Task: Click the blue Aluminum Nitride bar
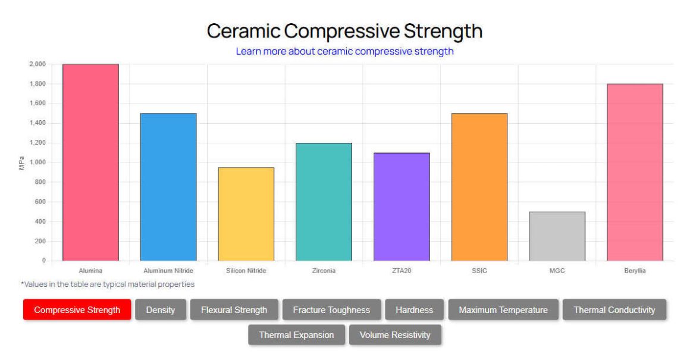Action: (168, 187)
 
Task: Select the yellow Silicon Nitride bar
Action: (246, 214)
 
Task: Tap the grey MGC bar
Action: (557, 236)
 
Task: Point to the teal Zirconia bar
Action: (324, 202)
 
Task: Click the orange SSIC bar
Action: (479, 187)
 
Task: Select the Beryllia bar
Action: (635, 172)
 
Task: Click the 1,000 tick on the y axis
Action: (36, 162)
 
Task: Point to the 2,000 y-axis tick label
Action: (36, 64)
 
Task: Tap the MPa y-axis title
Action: (22, 163)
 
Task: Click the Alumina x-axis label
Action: (90, 271)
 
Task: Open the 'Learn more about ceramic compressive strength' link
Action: (344, 51)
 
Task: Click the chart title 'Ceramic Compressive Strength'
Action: (344, 31)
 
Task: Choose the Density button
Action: (161, 310)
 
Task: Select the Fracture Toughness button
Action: (331, 310)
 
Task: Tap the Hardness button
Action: (414, 310)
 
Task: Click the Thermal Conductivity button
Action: (614, 310)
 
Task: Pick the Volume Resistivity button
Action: (394, 335)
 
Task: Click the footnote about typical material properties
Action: (108, 284)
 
